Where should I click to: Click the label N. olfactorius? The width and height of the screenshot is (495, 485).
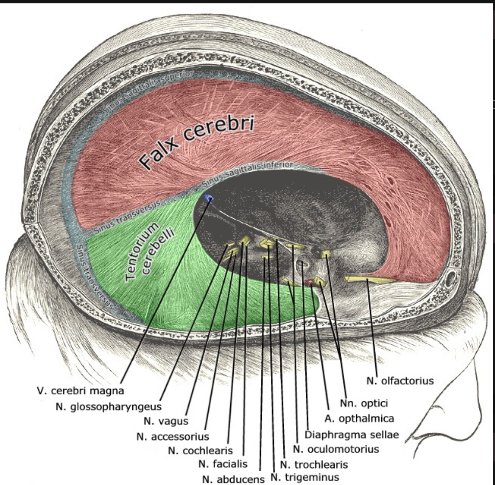coord(400,381)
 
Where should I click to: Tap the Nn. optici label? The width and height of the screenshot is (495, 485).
coord(364,403)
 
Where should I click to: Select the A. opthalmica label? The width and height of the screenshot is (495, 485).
coord(359,418)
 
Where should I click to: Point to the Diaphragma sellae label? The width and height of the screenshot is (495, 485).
coord(351,435)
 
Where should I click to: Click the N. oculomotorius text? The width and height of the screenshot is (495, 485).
coord(336,449)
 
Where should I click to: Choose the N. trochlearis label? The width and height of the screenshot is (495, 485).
coord(314,465)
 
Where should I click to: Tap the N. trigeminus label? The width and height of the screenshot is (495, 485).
coord(305,477)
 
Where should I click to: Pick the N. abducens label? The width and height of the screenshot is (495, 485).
coord(233,479)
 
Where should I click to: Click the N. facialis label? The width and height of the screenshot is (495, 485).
coord(223,464)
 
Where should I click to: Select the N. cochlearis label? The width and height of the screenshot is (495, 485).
coord(200,451)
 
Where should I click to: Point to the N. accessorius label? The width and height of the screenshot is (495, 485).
coord(173,436)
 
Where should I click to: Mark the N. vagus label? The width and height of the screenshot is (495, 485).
coord(166,421)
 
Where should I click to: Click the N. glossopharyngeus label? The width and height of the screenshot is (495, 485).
coord(108,406)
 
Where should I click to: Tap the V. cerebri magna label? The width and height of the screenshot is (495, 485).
coord(80,391)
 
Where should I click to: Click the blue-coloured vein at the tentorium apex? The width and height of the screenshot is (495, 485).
coord(208,198)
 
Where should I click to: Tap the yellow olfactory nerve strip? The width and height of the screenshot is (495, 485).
coord(368,279)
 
